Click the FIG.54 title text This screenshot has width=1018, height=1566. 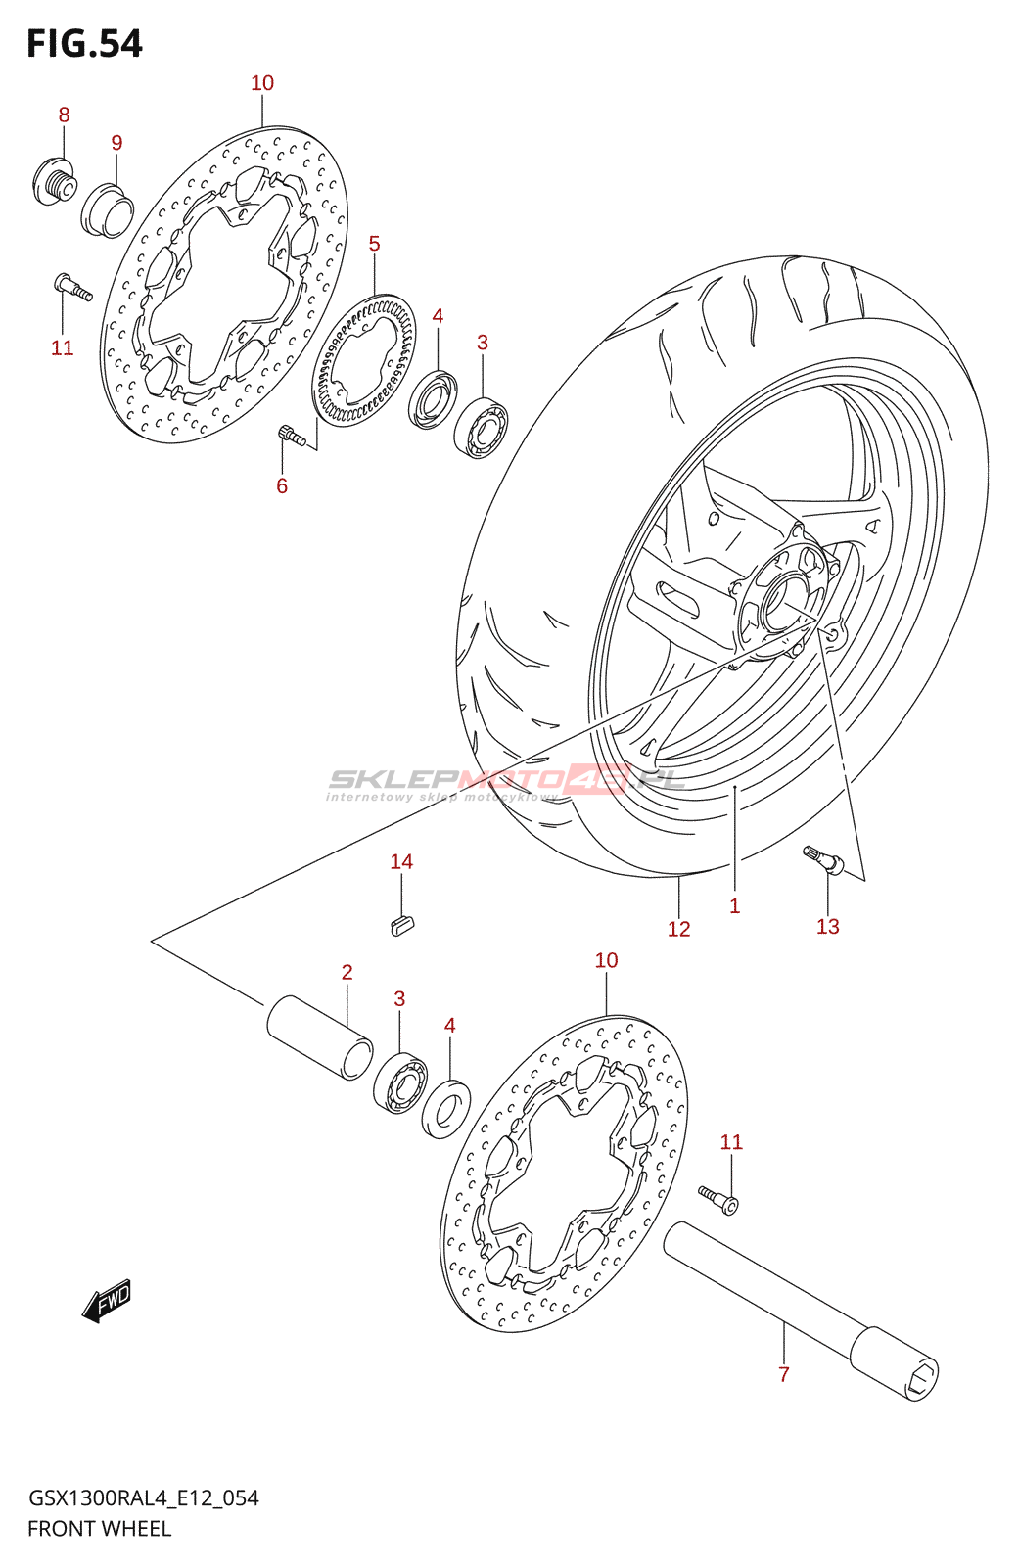pyautogui.click(x=84, y=43)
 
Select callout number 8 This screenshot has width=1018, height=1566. pyautogui.click(x=64, y=115)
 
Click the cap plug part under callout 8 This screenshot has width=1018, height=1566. pyautogui.click(x=53, y=182)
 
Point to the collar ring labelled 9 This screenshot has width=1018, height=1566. pyautogui.click(x=108, y=209)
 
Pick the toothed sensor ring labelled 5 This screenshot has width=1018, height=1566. pyautogui.click(x=363, y=361)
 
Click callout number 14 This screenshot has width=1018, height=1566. pyautogui.click(x=401, y=862)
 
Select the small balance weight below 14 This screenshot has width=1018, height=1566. pyautogui.click(x=402, y=925)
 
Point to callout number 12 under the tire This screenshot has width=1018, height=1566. pyautogui.click(x=678, y=929)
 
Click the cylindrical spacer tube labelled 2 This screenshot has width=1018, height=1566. pyautogui.click(x=319, y=1037)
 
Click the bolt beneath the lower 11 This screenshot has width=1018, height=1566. pyautogui.click(x=718, y=1201)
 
